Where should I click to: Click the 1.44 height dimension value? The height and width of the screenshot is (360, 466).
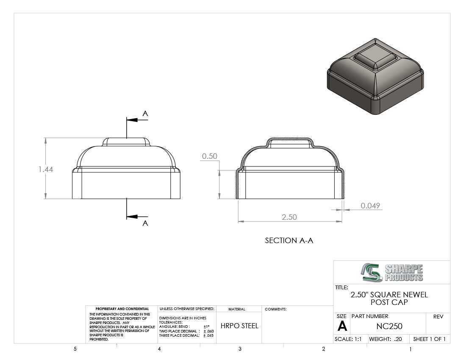click(x=46, y=169)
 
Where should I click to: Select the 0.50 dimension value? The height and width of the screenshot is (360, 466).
click(x=210, y=156)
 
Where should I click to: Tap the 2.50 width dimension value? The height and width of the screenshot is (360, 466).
click(x=289, y=217)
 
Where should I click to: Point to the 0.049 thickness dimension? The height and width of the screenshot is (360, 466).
click(x=370, y=205)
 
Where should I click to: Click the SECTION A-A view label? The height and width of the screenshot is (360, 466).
click(x=289, y=240)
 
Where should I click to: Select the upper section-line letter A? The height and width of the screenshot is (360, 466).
click(x=145, y=114)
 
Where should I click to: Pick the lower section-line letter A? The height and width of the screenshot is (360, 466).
click(x=145, y=223)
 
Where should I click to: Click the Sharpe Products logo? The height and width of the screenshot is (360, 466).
click(x=392, y=272)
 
